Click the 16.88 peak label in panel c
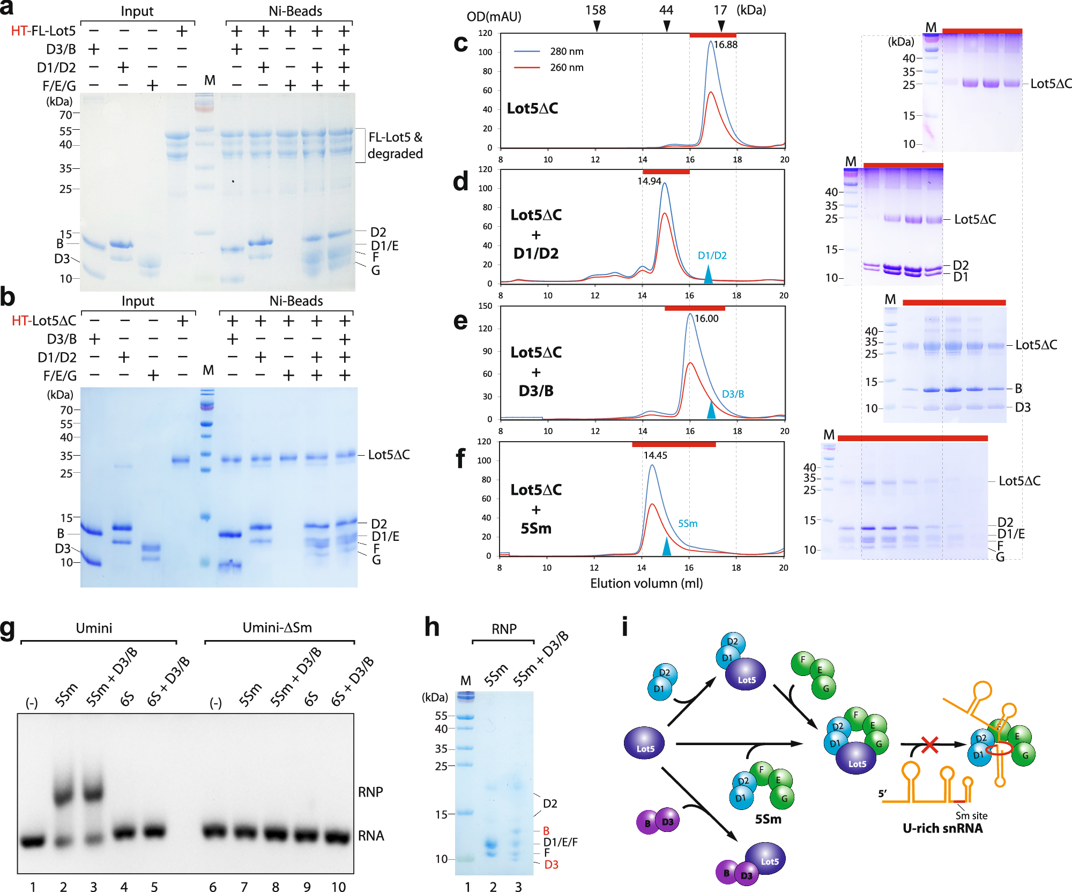pyautogui.click(x=726, y=44)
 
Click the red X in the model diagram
pyautogui.click(x=929, y=745)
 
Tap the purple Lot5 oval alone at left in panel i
pyautogui.click(x=644, y=744)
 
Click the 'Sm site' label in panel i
pyautogui.click(x=971, y=815)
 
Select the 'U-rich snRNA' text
pyautogui.click(x=942, y=828)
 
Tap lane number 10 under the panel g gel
pyautogui.click(x=338, y=887)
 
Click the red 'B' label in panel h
pyautogui.click(x=546, y=831)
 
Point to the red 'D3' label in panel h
pyautogui.click(x=551, y=865)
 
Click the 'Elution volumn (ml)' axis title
pyautogui.click(x=646, y=583)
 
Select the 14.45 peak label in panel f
pyautogui.click(x=655, y=456)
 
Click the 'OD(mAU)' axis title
pyautogui.click(x=494, y=17)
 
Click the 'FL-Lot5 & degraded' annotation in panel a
pyautogui.click(x=395, y=145)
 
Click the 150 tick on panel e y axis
pyautogui.click(x=485, y=306)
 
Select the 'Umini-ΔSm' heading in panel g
pyautogui.click(x=277, y=628)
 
